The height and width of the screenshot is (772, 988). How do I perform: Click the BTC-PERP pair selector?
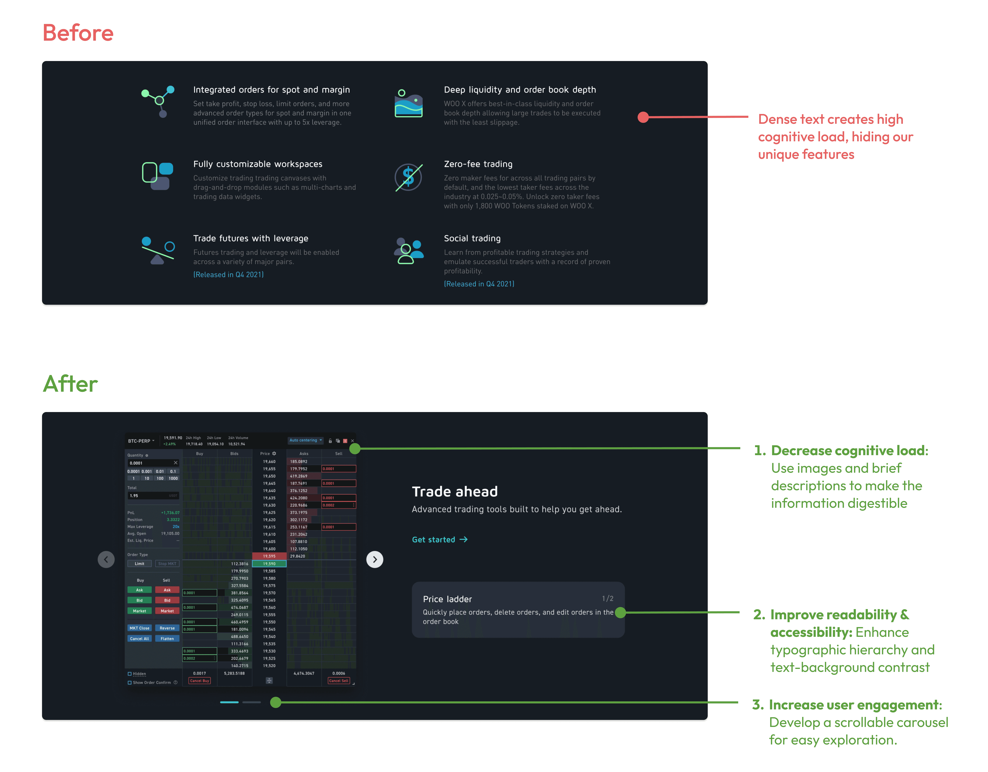tap(141, 441)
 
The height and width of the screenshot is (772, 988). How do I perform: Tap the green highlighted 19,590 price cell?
tap(269, 564)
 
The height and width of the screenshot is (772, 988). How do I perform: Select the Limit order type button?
tap(139, 564)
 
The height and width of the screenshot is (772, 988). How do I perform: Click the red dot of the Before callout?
tap(643, 117)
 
